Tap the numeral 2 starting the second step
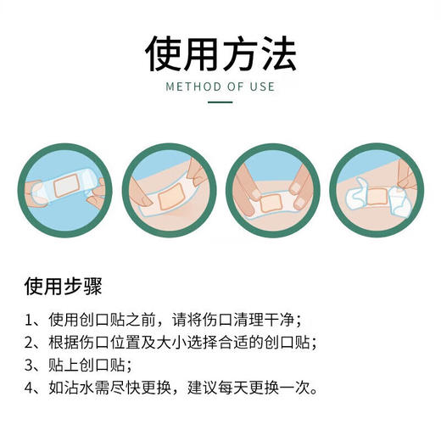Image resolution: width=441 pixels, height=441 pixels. (30, 343)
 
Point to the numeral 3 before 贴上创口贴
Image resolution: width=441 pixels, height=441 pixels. (30, 366)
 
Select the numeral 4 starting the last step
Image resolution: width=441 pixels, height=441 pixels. (30, 390)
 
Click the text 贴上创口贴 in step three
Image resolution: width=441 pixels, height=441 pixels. (86, 366)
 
